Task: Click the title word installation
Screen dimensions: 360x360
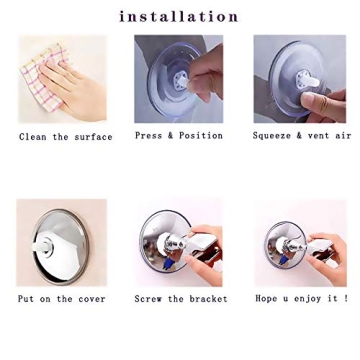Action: pos(179,16)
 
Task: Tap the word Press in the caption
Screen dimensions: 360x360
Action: pos(148,136)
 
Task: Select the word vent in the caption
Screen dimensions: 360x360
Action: pos(318,136)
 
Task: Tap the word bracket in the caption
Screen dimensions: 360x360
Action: pos(207,299)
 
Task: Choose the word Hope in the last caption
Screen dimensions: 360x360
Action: pos(266,299)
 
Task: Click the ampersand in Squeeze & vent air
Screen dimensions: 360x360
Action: pos(299,136)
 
